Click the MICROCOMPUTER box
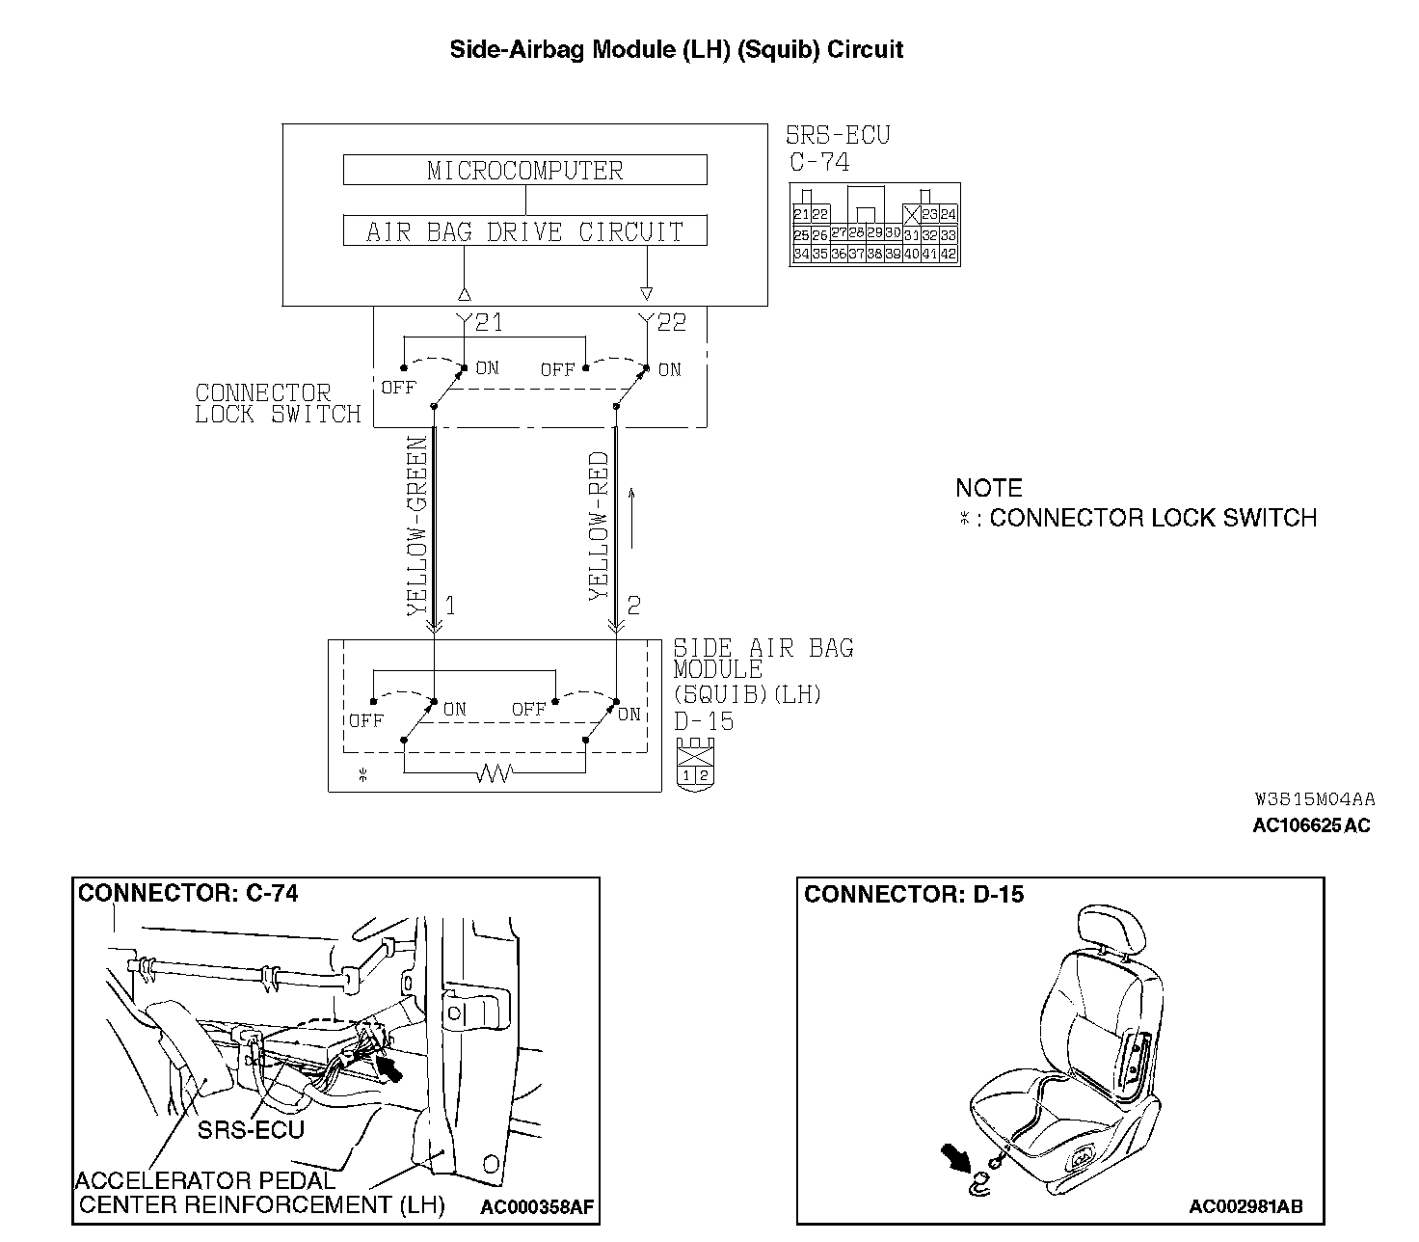pyautogui.click(x=525, y=171)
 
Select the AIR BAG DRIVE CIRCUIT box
pyautogui.click(x=525, y=231)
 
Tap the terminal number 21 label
pyautogui.click(x=489, y=322)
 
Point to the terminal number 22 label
pyautogui.click(x=671, y=322)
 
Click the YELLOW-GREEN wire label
pyautogui.click(x=416, y=526)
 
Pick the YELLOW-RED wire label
pyautogui.click(x=599, y=526)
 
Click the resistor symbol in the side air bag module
pyautogui.click(x=493, y=772)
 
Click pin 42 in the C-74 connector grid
pyautogui.click(x=948, y=255)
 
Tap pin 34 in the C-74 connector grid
pyautogui.click(x=801, y=255)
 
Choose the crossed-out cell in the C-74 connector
pyautogui.click(x=911, y=215)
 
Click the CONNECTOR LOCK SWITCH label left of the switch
pyautogui.click(x=277, y=404)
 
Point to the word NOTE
pyautogui.click(x=989, y=488)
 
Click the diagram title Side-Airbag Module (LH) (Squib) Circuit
pyautogui.click(x=677, y=50)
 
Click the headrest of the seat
pyautogui.click(x=1113, y=929)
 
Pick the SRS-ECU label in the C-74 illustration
pyautogui.click(x=251, y=1129)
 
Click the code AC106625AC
pyautogui.click(x=1311, y=825)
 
